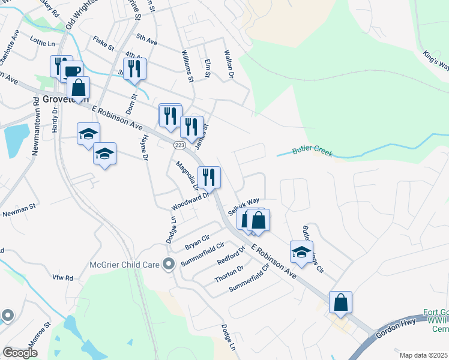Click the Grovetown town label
(x=65, y=100)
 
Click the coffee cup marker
(x=71, y=72)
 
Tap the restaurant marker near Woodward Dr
(x=209, y=177)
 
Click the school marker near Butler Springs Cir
(x=301, y=251)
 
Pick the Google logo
(x=20, y=353)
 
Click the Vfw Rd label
(x=62, y=278)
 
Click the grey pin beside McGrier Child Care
(x=169, y=263)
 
